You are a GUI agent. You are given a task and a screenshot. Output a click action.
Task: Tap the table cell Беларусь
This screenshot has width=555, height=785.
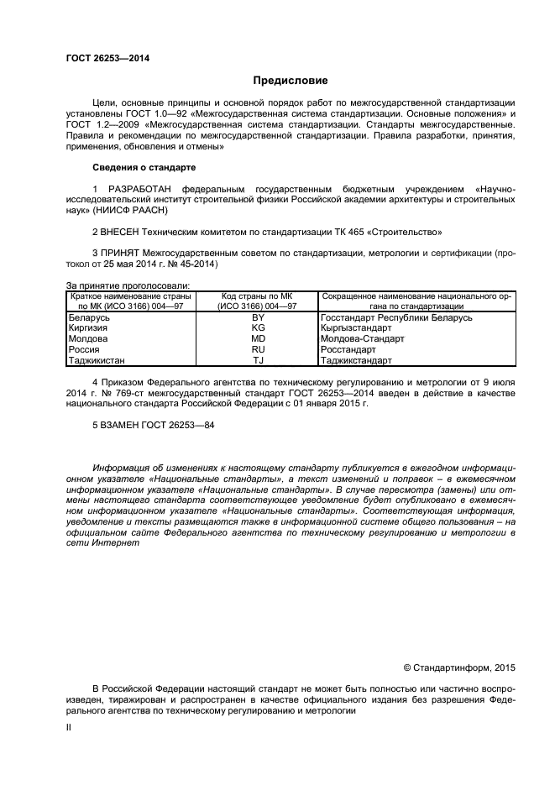pyautogui.click(x=88, y=317)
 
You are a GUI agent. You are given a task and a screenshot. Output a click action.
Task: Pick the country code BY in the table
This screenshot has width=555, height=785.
pyautogui.click(x=258, y=317)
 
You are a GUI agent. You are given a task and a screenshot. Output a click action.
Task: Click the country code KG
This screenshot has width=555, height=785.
pyautogui.click(x=258, y=328)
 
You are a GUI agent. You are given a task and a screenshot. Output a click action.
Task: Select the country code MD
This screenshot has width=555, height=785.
pyautogui.click(x=258, y=339)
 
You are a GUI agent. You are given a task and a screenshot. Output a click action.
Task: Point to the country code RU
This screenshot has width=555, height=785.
pyautogui.click(x=258, y=349)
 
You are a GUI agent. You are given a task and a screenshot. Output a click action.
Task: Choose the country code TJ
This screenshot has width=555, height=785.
pyautogui.click(x=258, y=360)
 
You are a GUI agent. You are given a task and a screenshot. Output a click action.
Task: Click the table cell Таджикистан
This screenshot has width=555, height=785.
pyautogui.click(x=97, y=360)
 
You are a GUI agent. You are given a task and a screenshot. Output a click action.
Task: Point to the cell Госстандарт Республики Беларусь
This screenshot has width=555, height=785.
pyautogui.click(x=396, y=317)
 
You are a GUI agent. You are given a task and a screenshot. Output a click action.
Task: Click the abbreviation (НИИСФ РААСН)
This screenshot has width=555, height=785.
pyautogui.click(x=126, y=210)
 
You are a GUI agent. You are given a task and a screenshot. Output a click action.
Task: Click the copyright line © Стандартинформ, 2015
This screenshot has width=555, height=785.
pyautogui.click(x=459, y=668)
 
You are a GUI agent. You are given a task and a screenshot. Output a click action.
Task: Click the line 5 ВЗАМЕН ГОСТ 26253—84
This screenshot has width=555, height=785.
pyautogui.click(x=153, y=426)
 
